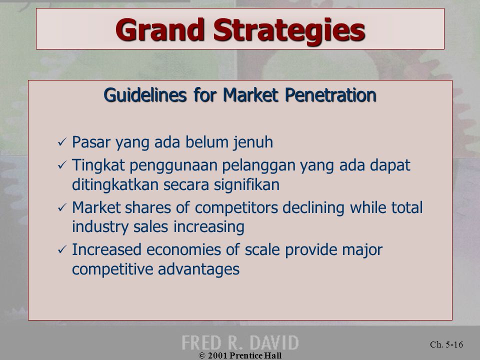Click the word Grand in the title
(160, 29)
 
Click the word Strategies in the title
(289, 31)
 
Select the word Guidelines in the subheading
(145, 95)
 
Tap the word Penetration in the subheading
(330, 95)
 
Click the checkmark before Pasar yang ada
(62, 142)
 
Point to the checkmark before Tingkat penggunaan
(62, 165)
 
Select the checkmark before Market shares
(62, 207)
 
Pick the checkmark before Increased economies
(62, 250)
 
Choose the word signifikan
(246, 185)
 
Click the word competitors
(236, 208)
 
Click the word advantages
(198, 269)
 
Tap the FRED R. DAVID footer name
(240, 342)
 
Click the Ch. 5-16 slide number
(446, 344)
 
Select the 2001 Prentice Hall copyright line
(240, 355)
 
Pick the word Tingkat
(98, 165)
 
